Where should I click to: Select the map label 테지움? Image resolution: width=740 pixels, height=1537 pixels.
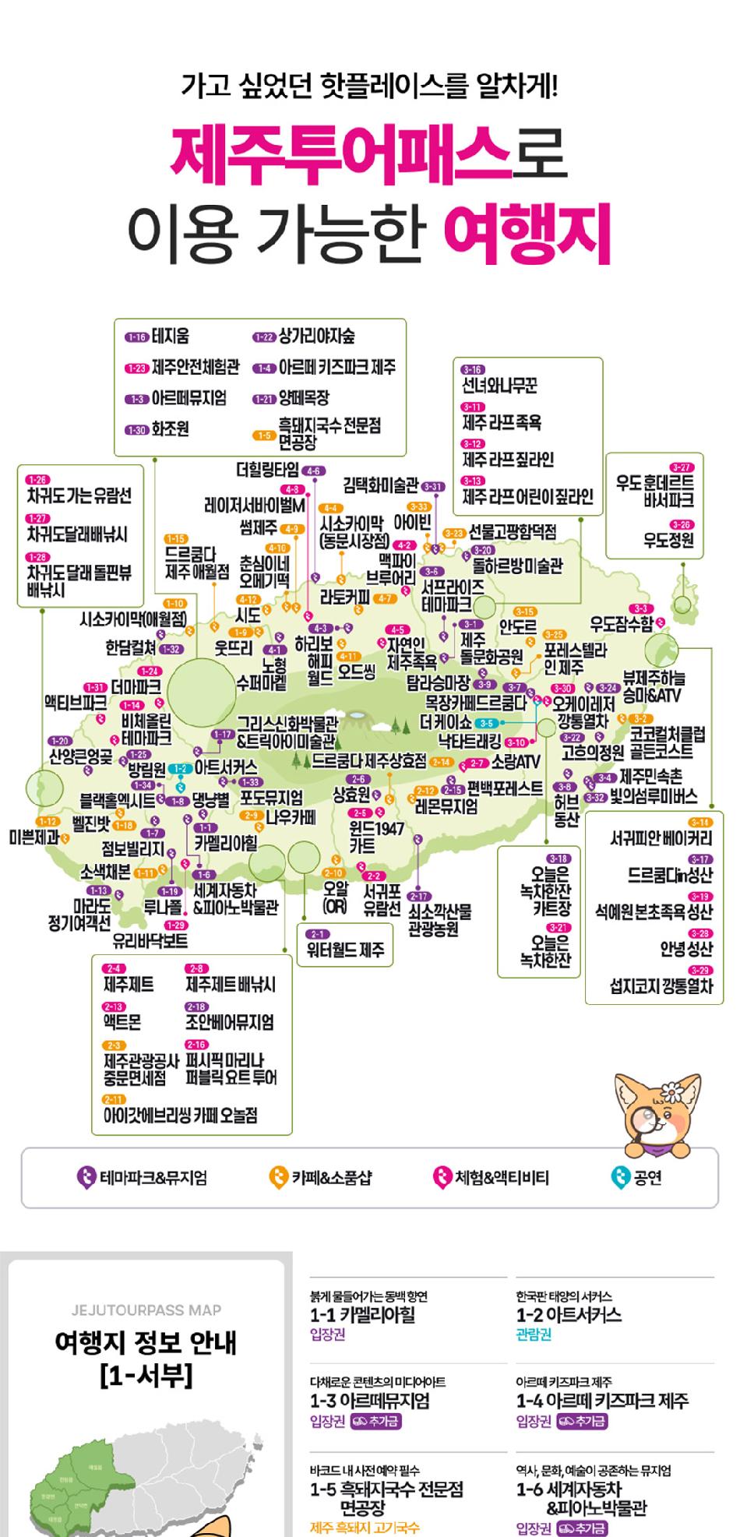(171, 337)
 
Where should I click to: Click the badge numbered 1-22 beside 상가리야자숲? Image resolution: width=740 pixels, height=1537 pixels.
(264, 337)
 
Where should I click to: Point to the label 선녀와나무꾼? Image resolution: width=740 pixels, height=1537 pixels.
(499, 386)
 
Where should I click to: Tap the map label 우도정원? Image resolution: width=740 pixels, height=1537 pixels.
(668, 540)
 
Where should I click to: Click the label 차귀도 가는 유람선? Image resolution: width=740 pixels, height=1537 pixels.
(79, 496)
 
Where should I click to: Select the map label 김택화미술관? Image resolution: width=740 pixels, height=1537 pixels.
(380, 485)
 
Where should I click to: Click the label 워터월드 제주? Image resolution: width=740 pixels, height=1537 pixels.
(345, 950)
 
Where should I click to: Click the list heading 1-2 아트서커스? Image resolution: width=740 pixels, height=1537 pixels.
(569, 1315)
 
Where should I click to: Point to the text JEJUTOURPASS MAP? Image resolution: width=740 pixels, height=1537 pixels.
(146, 1310)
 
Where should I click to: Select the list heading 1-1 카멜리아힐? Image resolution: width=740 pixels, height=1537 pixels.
(362, 1315)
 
